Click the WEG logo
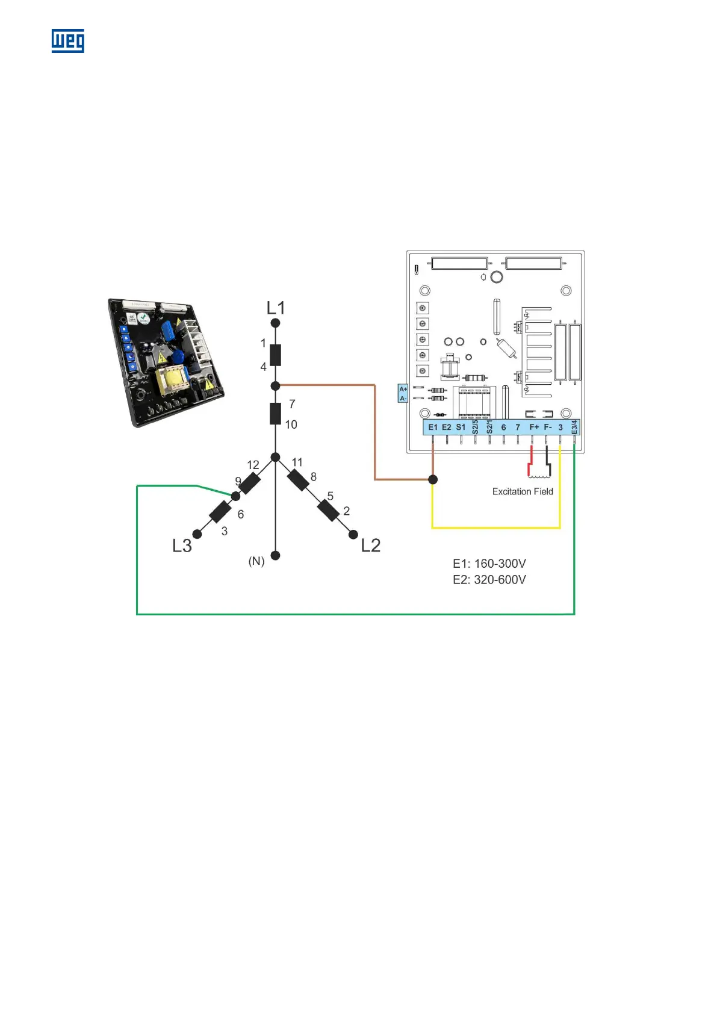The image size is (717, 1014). [67, 41]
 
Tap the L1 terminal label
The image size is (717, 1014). [276, 308]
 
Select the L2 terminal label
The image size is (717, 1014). [371, 546]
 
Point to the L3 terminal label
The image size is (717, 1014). [182, 546]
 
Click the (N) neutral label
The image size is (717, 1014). [256, 561]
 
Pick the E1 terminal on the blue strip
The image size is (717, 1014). [433, 427]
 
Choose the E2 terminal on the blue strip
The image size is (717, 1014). [447, 427]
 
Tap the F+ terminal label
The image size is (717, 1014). [534, 427]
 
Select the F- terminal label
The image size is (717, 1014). [548, 427]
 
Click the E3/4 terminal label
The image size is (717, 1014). [574, 427]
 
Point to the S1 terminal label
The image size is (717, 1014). [461, 427]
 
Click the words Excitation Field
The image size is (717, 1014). [523, 491]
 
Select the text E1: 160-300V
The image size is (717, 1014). [489, 564]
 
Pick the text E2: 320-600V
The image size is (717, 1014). [489, 579]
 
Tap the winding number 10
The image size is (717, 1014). [291, 425]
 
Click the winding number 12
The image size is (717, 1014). [253, 465]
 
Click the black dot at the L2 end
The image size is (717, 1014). [353, 535]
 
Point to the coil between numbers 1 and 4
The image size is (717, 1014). [275, 355]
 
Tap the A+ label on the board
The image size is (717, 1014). [403, 390]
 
